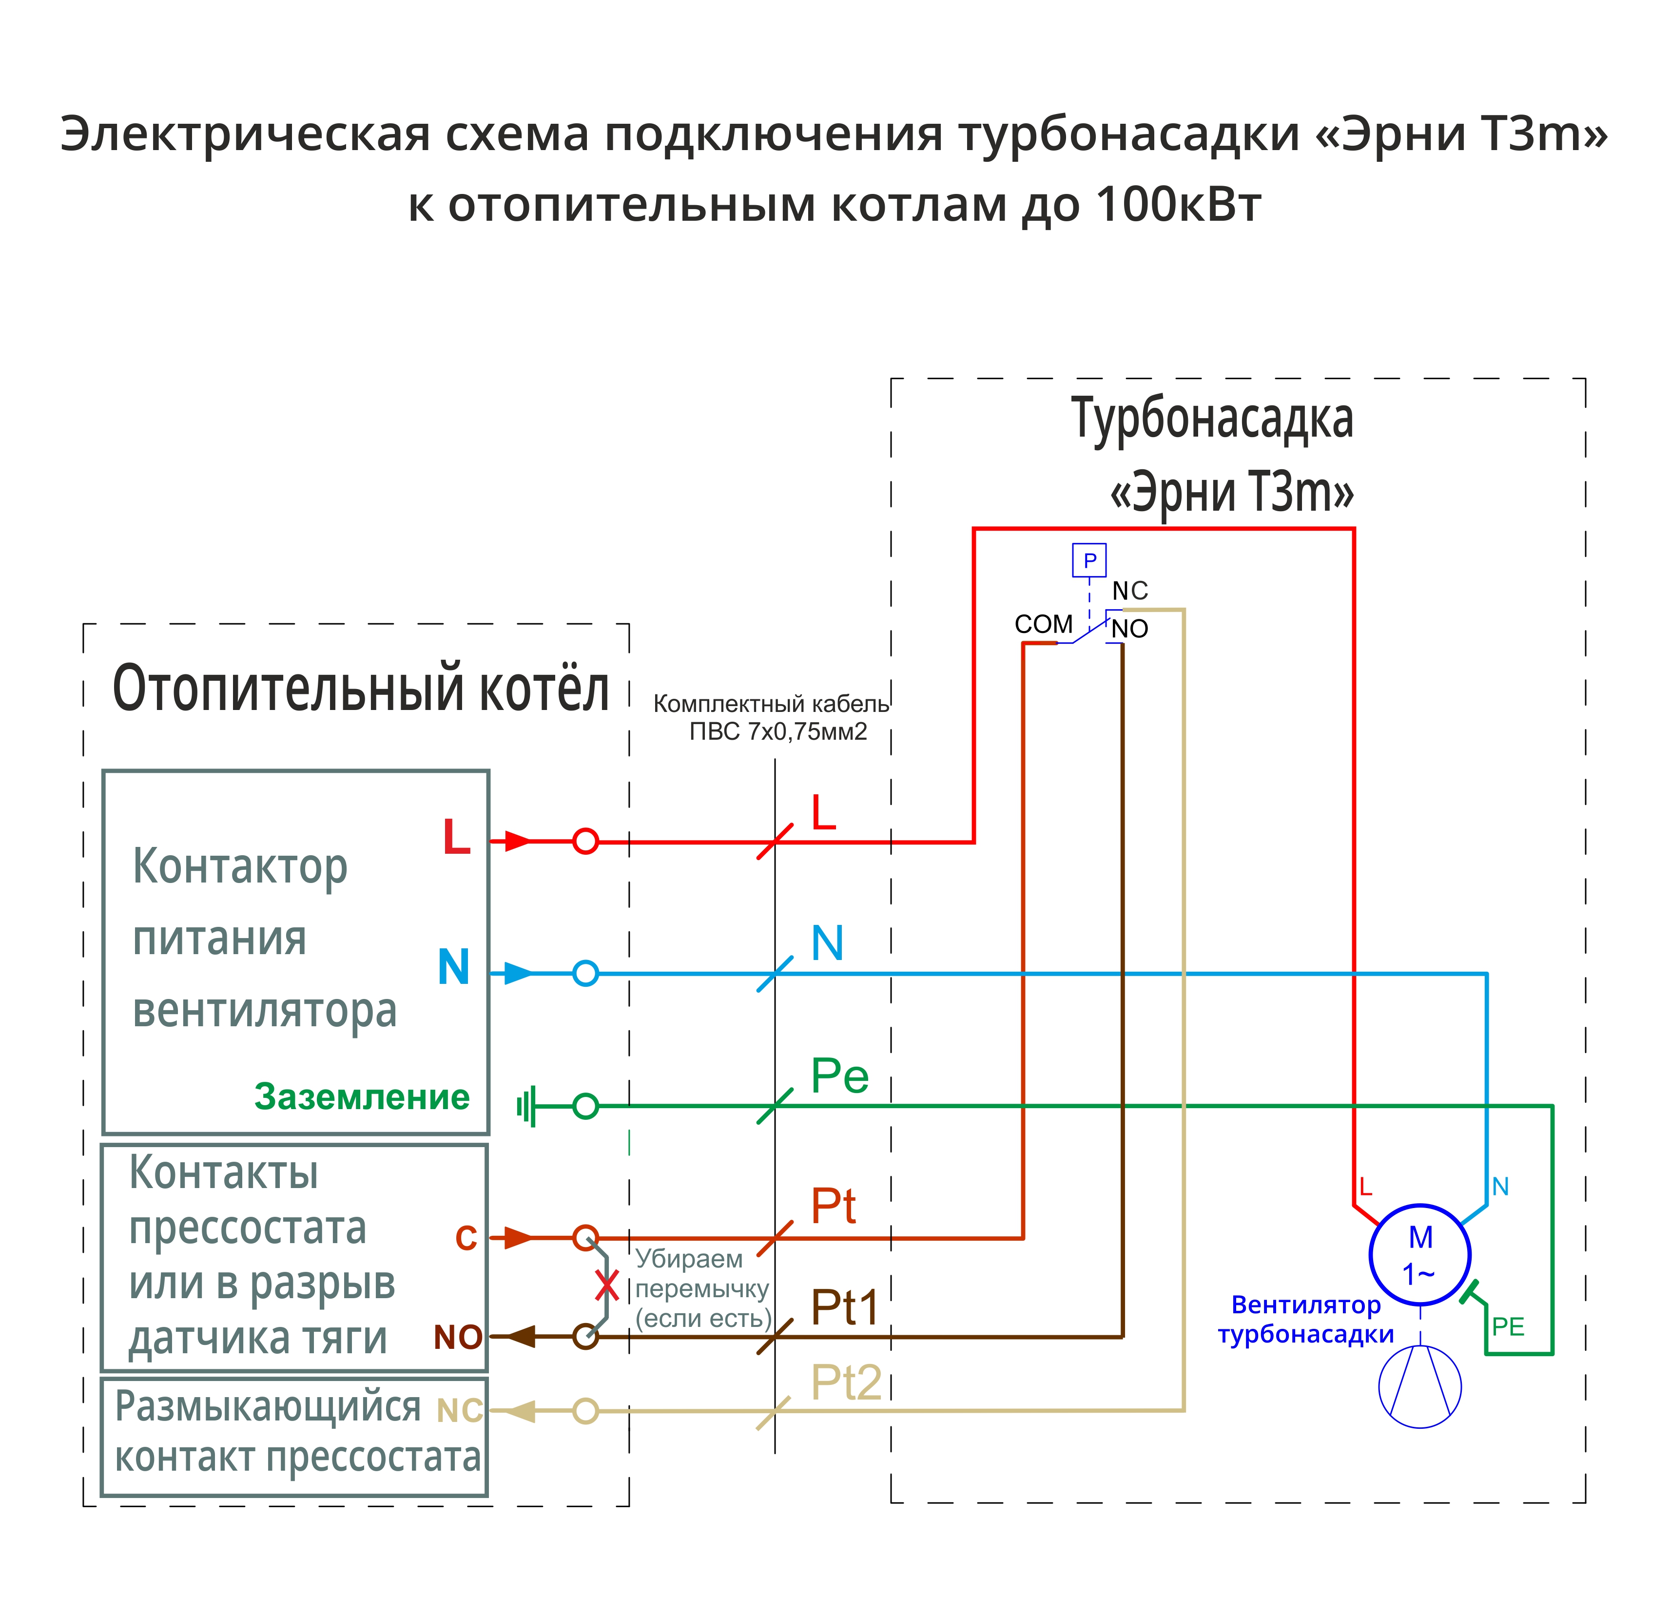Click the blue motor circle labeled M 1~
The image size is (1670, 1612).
tap(1419, 1254)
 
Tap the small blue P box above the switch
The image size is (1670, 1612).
tap(1089, 560)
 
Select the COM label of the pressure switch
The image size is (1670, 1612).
tap(1043, 625)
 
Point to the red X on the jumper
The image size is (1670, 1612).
tap(607, 1286)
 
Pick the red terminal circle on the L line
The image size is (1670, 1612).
tap(585, 841)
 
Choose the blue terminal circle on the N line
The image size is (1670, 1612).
tap(585, 973)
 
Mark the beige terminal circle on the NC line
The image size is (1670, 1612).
tap(585, 1411)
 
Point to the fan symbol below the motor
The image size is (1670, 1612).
tap(1419, 1387)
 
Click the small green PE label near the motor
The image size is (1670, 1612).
tap(1507, 1326)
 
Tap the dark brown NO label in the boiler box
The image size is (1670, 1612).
tap(458, 1338)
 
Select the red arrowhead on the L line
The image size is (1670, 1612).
tap(516, 841)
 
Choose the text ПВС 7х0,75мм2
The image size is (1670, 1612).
tap(778, 732)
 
